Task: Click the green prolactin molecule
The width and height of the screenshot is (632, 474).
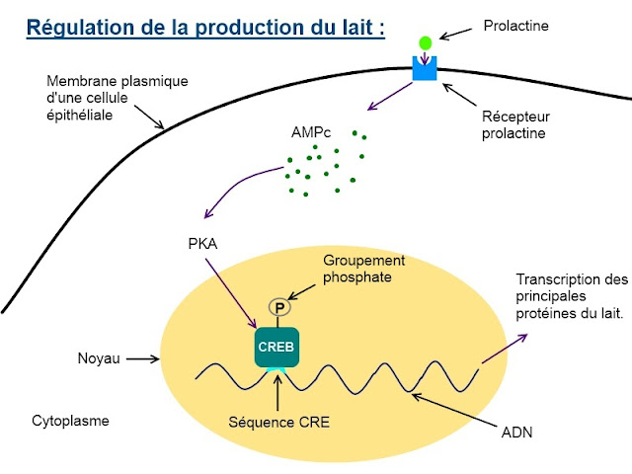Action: (x=426, y=42)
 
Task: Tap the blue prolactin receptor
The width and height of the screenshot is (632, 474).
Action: (x=426, y=68)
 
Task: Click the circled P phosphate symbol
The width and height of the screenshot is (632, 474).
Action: (x=279, y=308)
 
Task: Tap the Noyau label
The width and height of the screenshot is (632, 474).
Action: (x=99, y=359)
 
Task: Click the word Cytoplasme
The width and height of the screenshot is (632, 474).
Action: (x=70, y=421)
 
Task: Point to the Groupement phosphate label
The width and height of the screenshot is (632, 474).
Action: (x=364, y=268)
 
